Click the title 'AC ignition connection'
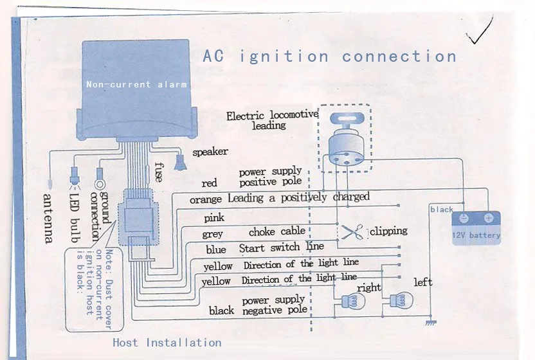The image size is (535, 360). (x=329, y=56)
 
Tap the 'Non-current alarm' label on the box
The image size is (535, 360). (x=136, y=84)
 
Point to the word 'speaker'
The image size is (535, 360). (x=210, y=152)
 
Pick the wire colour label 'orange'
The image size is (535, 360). (x=206, y=200)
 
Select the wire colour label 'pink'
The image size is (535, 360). (x=214, y=218)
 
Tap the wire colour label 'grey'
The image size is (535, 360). (x=212, y=234)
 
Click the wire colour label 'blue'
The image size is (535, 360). (x=215, y=249)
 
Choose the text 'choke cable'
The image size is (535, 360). (x=277, y=231)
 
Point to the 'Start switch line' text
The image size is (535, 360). (x=282, y=247)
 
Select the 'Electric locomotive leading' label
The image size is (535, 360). (x=272, y=120)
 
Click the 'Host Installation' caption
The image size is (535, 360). (x=167, y=342)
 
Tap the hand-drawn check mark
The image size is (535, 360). (x=482, y=33)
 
